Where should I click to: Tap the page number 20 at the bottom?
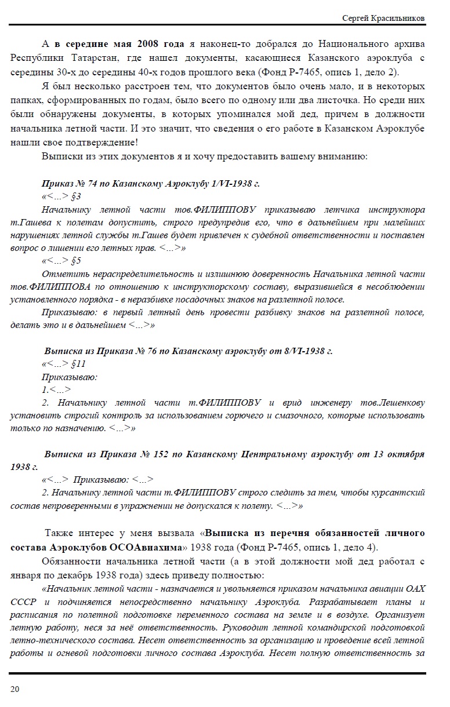[14, 688]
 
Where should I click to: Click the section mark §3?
[75, 196]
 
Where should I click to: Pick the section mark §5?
[75, 260]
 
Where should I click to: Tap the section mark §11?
[78, 364]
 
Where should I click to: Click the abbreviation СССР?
[23, 602]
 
